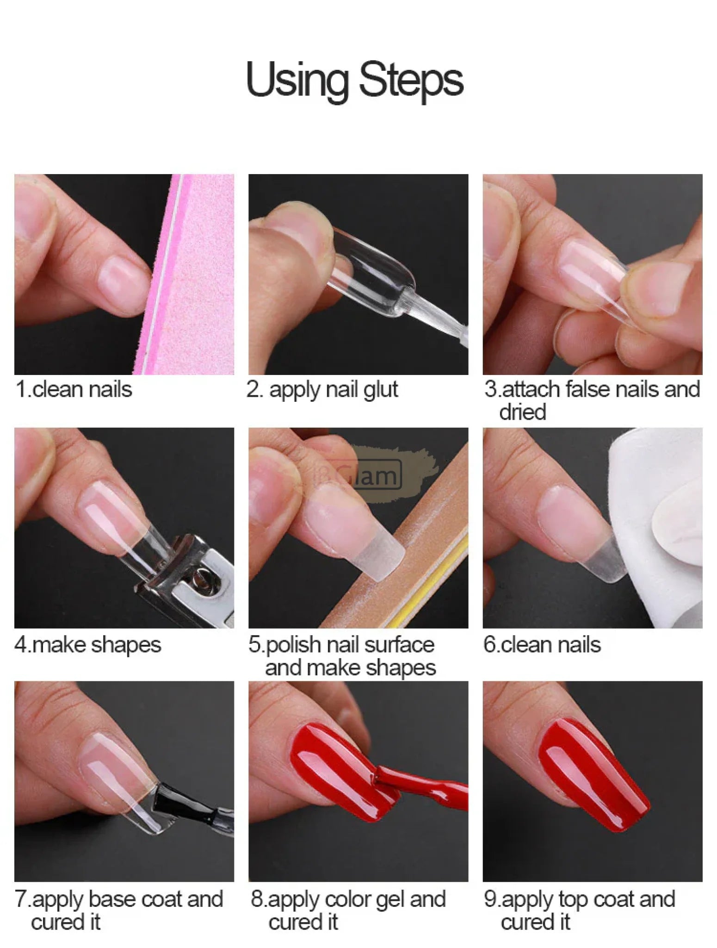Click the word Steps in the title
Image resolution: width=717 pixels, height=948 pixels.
(x=411, y=80)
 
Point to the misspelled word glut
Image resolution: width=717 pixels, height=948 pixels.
(x=380, y=390)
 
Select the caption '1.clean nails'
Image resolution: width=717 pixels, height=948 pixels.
(x=74, y=389)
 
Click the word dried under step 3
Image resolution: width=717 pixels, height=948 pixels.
(x=522, y=412)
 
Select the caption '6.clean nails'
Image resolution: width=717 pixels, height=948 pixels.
(x=542, y=645)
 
